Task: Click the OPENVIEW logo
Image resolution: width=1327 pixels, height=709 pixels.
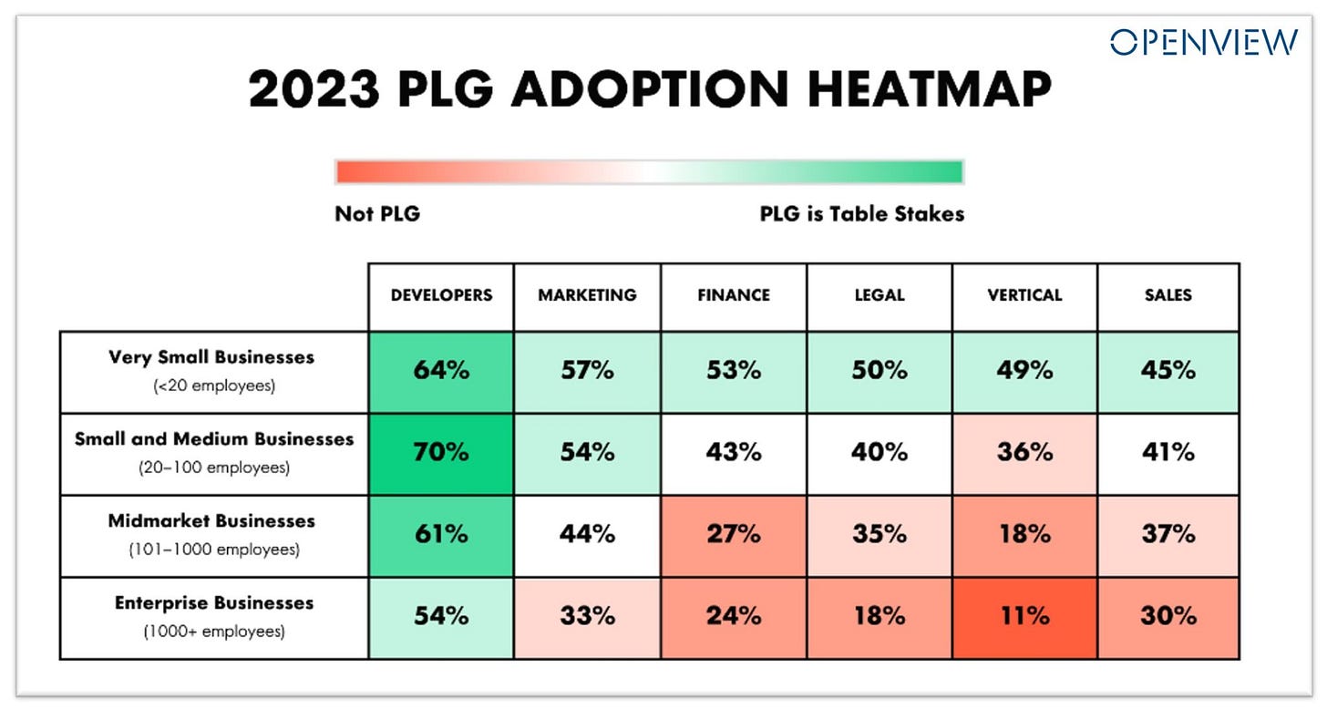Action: click(x=1203, y=43)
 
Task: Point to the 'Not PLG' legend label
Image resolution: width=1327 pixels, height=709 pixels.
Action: click(x=377, y=214)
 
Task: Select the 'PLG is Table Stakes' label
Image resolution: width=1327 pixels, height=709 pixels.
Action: click(x=861, y=214)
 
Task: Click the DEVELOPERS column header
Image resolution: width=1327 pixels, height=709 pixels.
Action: click(x=441, y=295)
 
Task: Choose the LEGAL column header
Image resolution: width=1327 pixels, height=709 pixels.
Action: click(x=880, y=295)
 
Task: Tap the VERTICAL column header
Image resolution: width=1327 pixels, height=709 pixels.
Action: click(x=1025, y=295)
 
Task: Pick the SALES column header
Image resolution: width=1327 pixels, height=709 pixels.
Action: click(x=1168, y=295)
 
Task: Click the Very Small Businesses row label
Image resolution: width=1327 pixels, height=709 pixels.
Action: click(x=211, y=357)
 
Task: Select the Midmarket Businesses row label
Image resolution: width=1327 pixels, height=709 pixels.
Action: click(x=211, y=521)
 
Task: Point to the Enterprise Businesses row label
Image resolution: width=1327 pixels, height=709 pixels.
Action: click(x=214, y=603)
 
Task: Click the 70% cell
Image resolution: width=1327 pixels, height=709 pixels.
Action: click(x=441, y=452)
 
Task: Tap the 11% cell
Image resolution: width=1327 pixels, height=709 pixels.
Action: click(x=1025, y=616)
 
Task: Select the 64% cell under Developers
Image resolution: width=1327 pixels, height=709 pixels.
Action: click(x=441, y=371)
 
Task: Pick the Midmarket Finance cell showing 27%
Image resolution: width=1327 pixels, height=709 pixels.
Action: click(x=734, y=534)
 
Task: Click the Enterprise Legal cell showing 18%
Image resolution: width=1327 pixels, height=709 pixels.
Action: click(x=880, y=616)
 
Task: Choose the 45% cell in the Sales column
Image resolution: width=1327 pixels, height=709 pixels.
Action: click(x=1168, y=371)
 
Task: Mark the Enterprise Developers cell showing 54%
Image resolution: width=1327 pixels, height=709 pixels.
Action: click(x=441, y=616)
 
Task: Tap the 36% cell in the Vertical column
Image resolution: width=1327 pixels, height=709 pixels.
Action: click(x=1025, y=452)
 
